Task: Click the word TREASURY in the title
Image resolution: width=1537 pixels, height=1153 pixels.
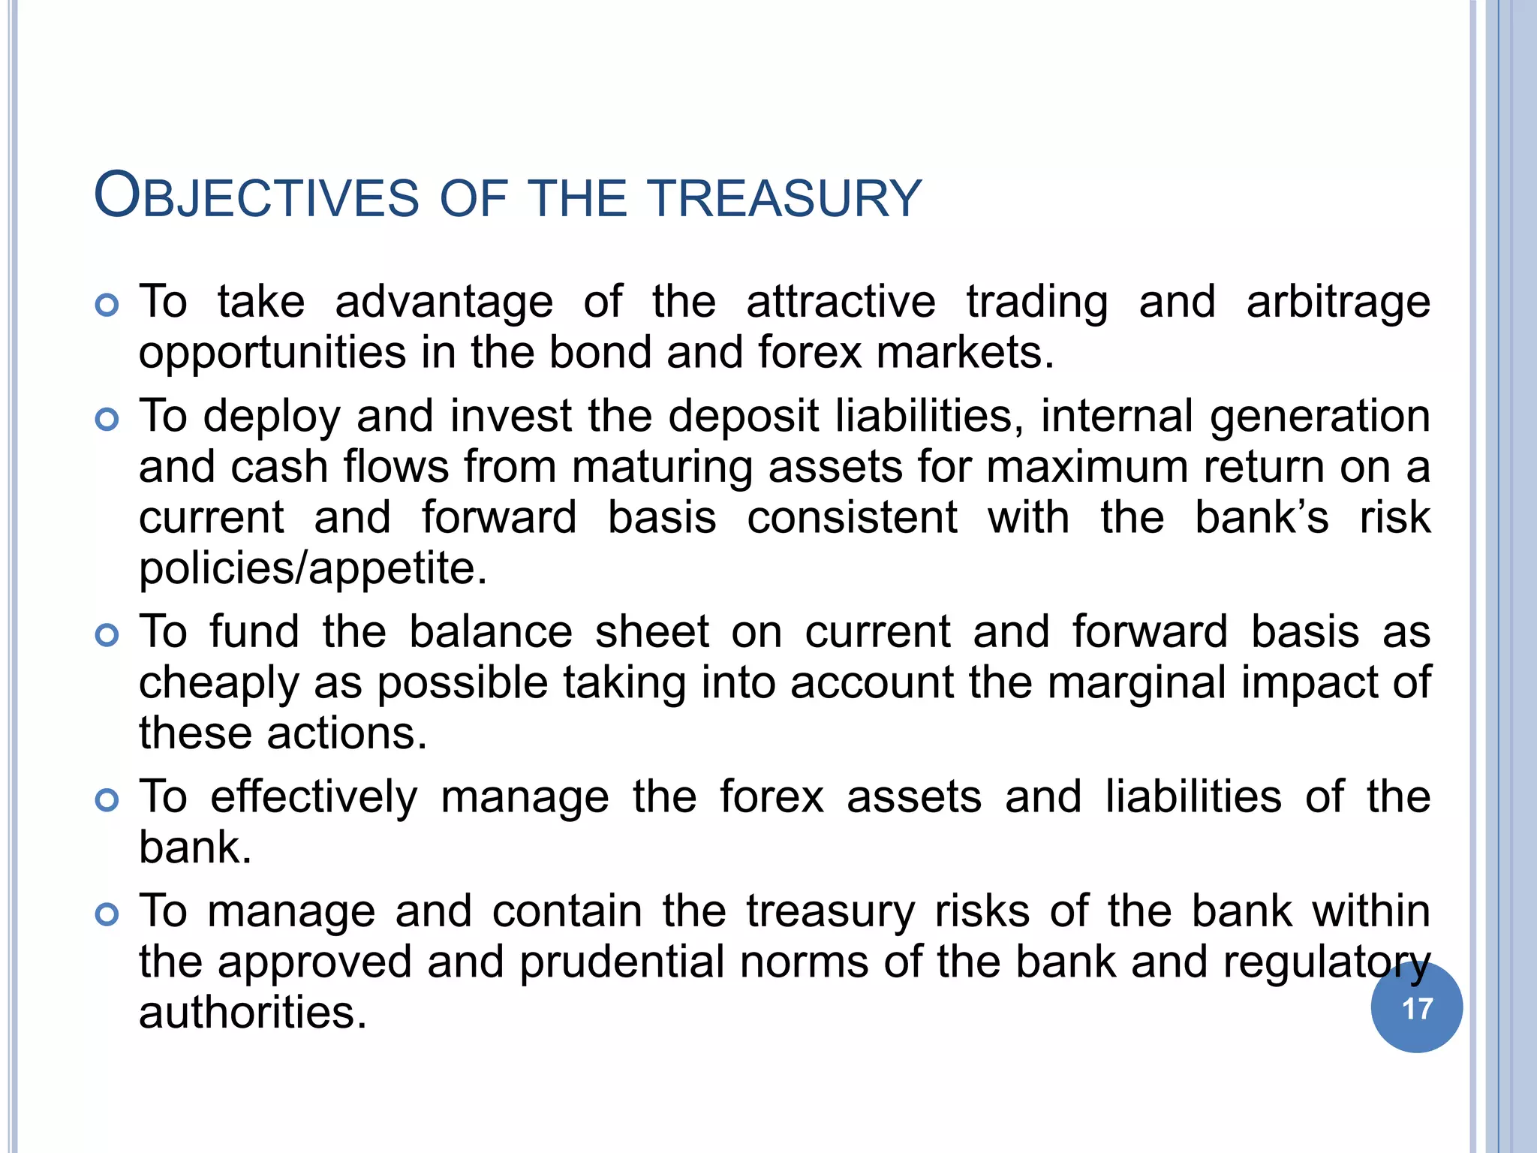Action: pyautogui.click(x=785, y=198)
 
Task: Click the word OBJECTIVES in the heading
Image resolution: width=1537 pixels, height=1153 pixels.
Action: pyautogui.click(x=256, y=197)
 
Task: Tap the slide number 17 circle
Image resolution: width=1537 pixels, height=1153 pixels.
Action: pyautogui.click(x=1416, y=1008)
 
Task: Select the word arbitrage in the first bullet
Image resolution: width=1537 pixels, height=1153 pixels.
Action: pyautogui.click(x=1338, y=303)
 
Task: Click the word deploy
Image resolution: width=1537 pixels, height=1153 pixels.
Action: pyautogui.click(x=272, y=417)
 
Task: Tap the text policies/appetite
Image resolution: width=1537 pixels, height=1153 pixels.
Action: pyautogui.click(x=313, y=568)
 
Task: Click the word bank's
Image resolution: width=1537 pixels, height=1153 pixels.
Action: pyautogui.click(x=1261, y=518)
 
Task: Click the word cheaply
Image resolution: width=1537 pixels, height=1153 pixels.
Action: pyautogui.click(x=218, y=684)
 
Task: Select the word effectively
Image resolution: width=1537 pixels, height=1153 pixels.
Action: pyautogui.click(x=314, y=796)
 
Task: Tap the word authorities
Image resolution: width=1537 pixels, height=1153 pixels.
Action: pyautogui.click(x=253, y=1013)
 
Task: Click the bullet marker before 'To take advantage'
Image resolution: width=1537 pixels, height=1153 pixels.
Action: pyautogui.click(x=107, y=306)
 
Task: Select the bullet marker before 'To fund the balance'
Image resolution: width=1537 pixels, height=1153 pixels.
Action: pyautogui.click(x=107, y=635)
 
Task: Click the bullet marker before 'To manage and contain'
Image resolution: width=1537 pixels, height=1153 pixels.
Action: pyautogui.click(x=107, y=914)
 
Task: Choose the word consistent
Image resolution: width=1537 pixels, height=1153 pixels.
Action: pyautogui.click(x=852, y=518)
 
